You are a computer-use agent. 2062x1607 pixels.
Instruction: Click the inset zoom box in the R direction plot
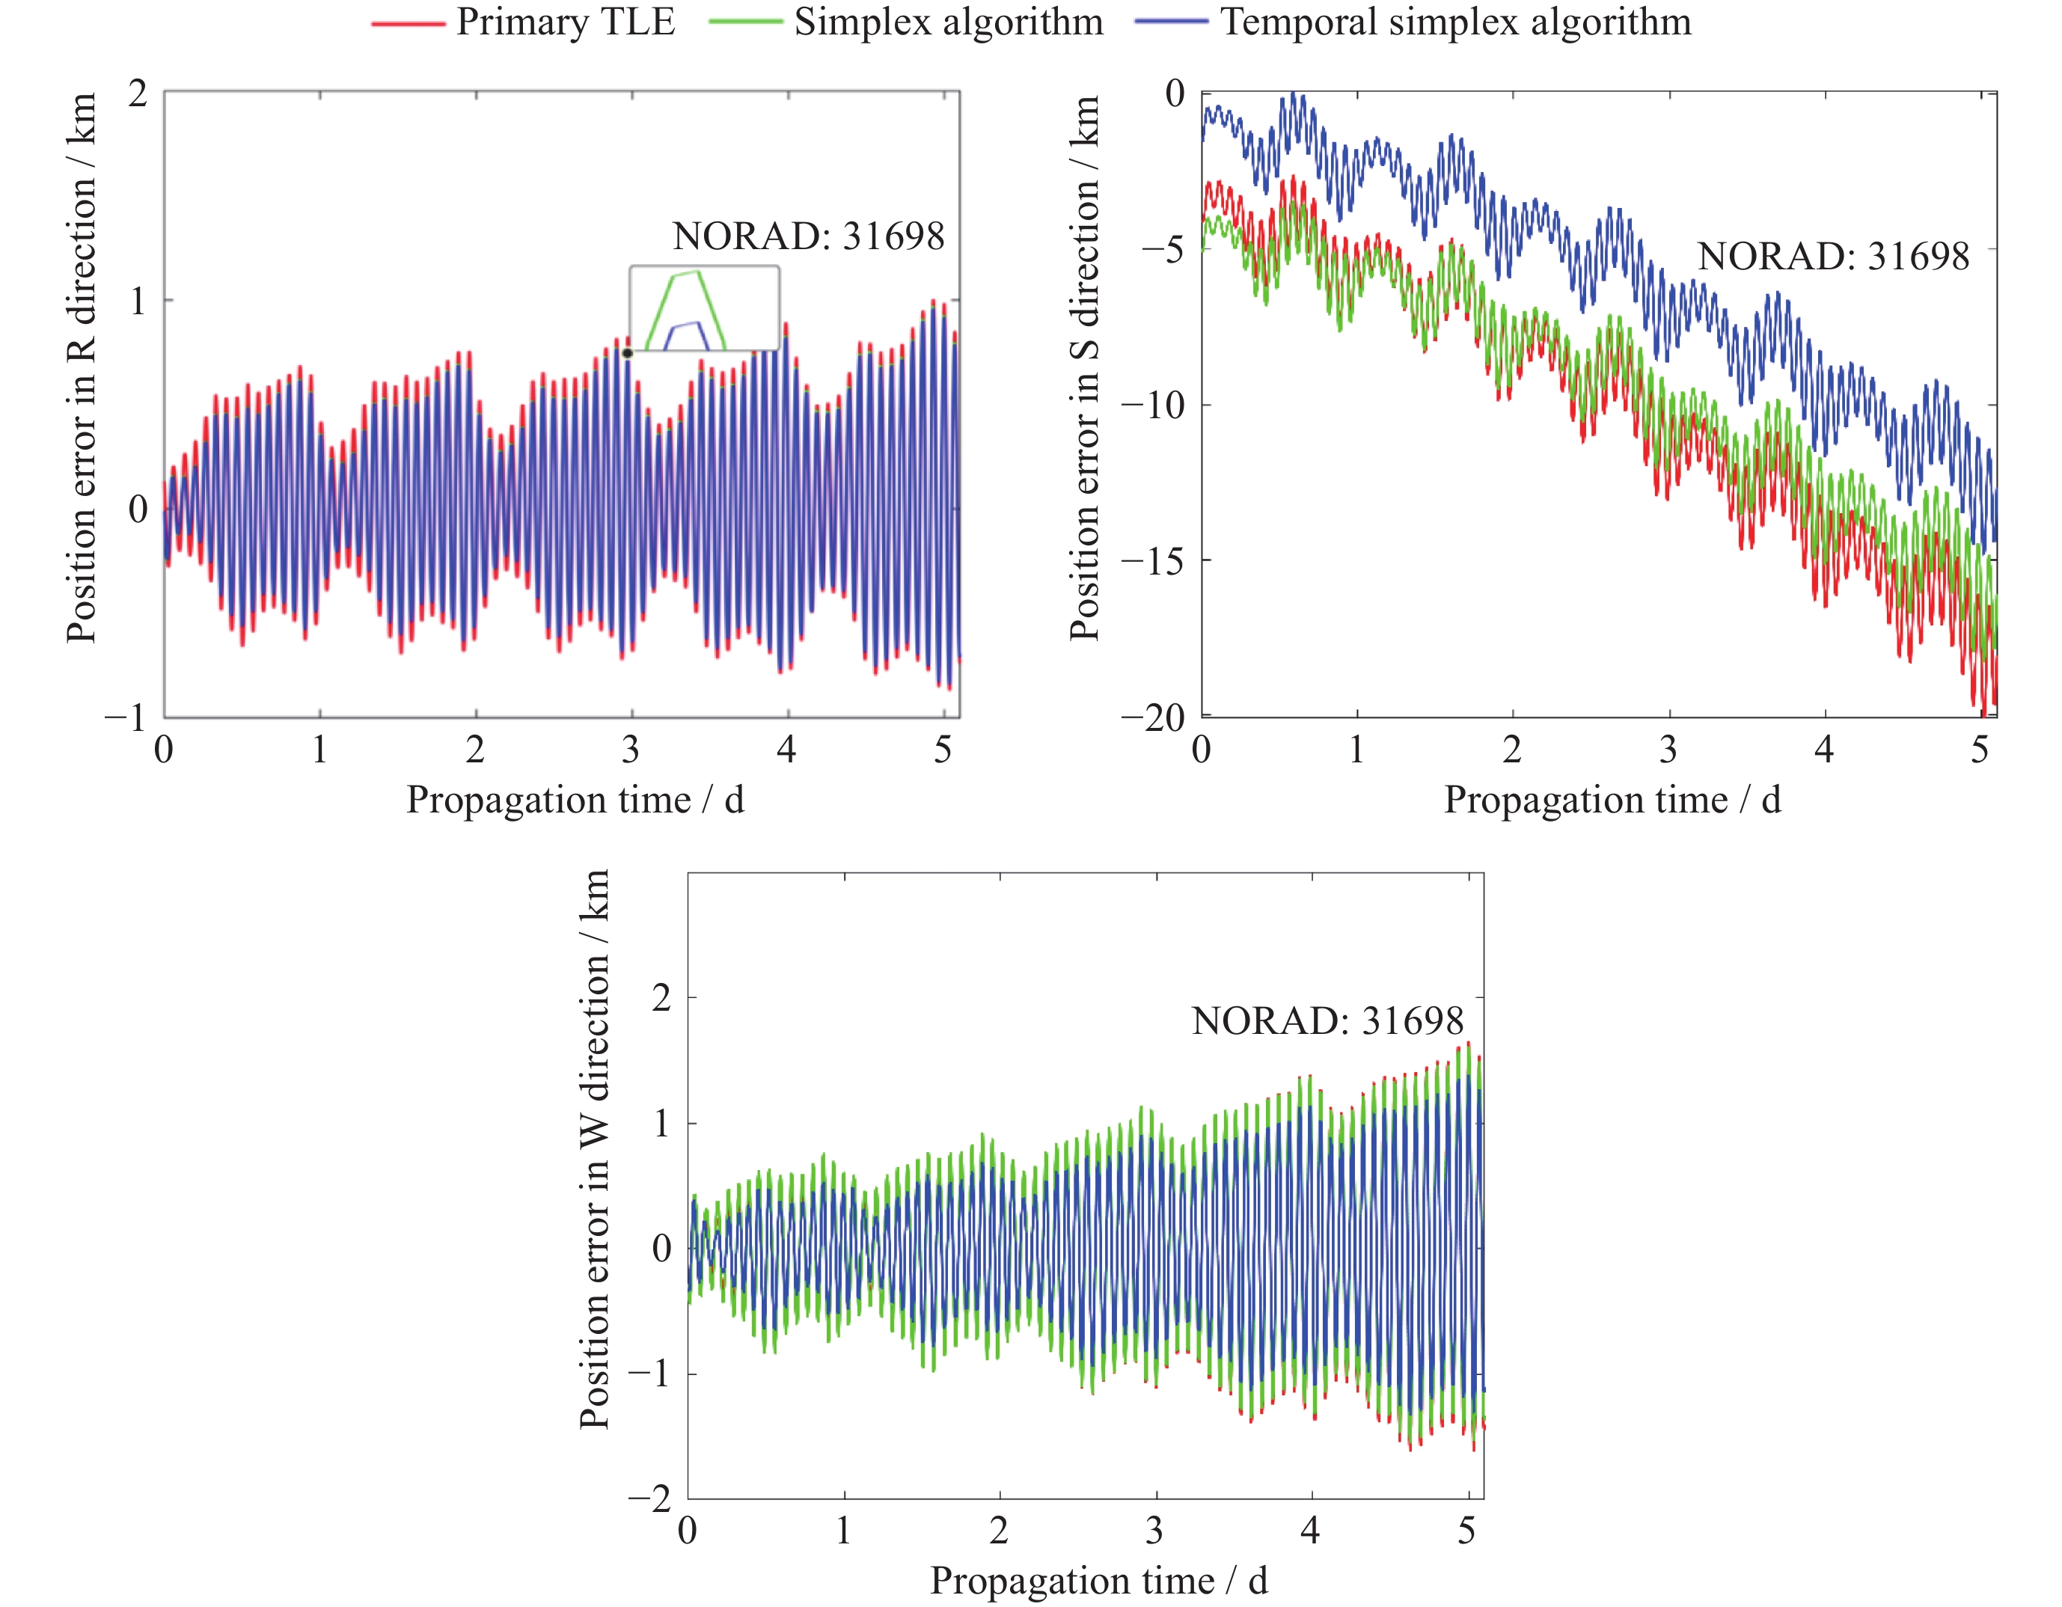704,307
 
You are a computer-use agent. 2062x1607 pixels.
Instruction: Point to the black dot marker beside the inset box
627,353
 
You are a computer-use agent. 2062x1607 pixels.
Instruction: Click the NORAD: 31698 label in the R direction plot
808,236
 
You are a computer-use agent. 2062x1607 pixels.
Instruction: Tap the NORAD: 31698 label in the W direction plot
1327,1020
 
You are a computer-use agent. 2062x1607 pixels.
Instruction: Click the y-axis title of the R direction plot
82,368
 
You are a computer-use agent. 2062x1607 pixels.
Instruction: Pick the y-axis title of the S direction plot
1085,368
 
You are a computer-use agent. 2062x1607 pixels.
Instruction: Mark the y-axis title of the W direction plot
595,1149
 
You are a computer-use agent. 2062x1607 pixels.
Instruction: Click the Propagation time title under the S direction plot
1612,800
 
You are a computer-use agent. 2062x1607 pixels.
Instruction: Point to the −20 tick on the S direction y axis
1153,718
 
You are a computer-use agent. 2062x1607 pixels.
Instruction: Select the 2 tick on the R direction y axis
139,94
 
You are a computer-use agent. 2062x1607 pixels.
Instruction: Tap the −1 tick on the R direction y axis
126,718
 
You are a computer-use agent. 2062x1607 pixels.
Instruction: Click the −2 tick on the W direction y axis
649,1499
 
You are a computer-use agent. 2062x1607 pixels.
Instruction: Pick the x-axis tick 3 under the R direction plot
631,750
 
